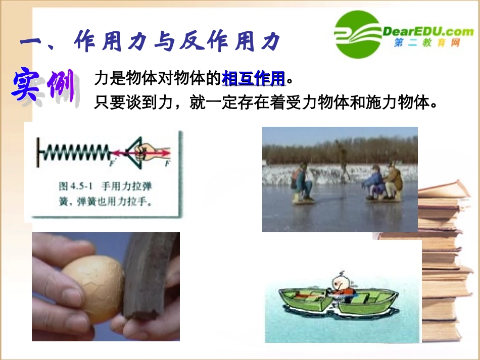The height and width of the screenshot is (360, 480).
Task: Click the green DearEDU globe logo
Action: click(357, 35)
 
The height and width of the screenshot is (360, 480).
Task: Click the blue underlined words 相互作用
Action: click(254, 79)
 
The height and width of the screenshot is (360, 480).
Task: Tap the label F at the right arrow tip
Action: click(167, 164)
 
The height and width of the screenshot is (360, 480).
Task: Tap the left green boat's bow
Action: click(275, 296)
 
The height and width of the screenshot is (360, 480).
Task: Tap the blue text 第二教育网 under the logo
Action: click(427, 43)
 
